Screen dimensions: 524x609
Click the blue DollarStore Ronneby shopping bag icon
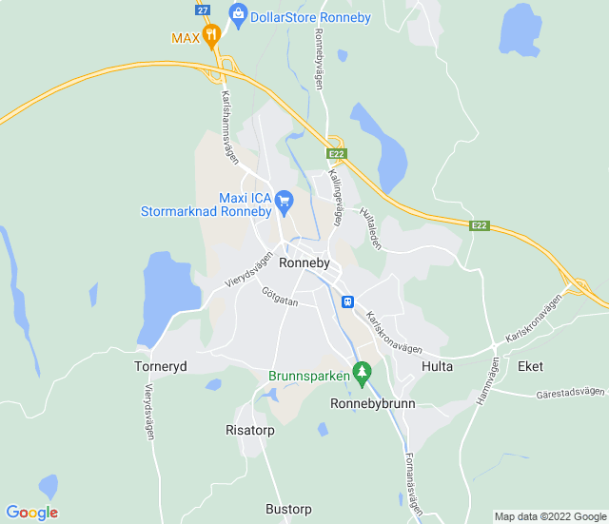(238, 13)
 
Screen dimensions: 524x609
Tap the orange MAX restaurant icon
(211, 37)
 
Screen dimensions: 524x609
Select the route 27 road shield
(203, 9)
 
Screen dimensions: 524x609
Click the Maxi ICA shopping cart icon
(283, 201)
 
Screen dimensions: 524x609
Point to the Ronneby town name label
(304, 262)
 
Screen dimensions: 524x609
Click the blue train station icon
(348, 301)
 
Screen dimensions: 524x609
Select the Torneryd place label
(161, 365)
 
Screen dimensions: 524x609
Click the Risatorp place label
(250, 430)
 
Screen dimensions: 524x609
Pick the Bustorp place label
(288, 509)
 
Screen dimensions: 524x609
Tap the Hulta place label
(438, 365)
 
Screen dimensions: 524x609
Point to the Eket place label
(530, 365)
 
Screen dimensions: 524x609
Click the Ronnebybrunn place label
(373, 402)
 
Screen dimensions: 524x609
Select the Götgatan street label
(281, 297)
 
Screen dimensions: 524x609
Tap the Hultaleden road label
(371, 228)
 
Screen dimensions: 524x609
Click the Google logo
(31, 513)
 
